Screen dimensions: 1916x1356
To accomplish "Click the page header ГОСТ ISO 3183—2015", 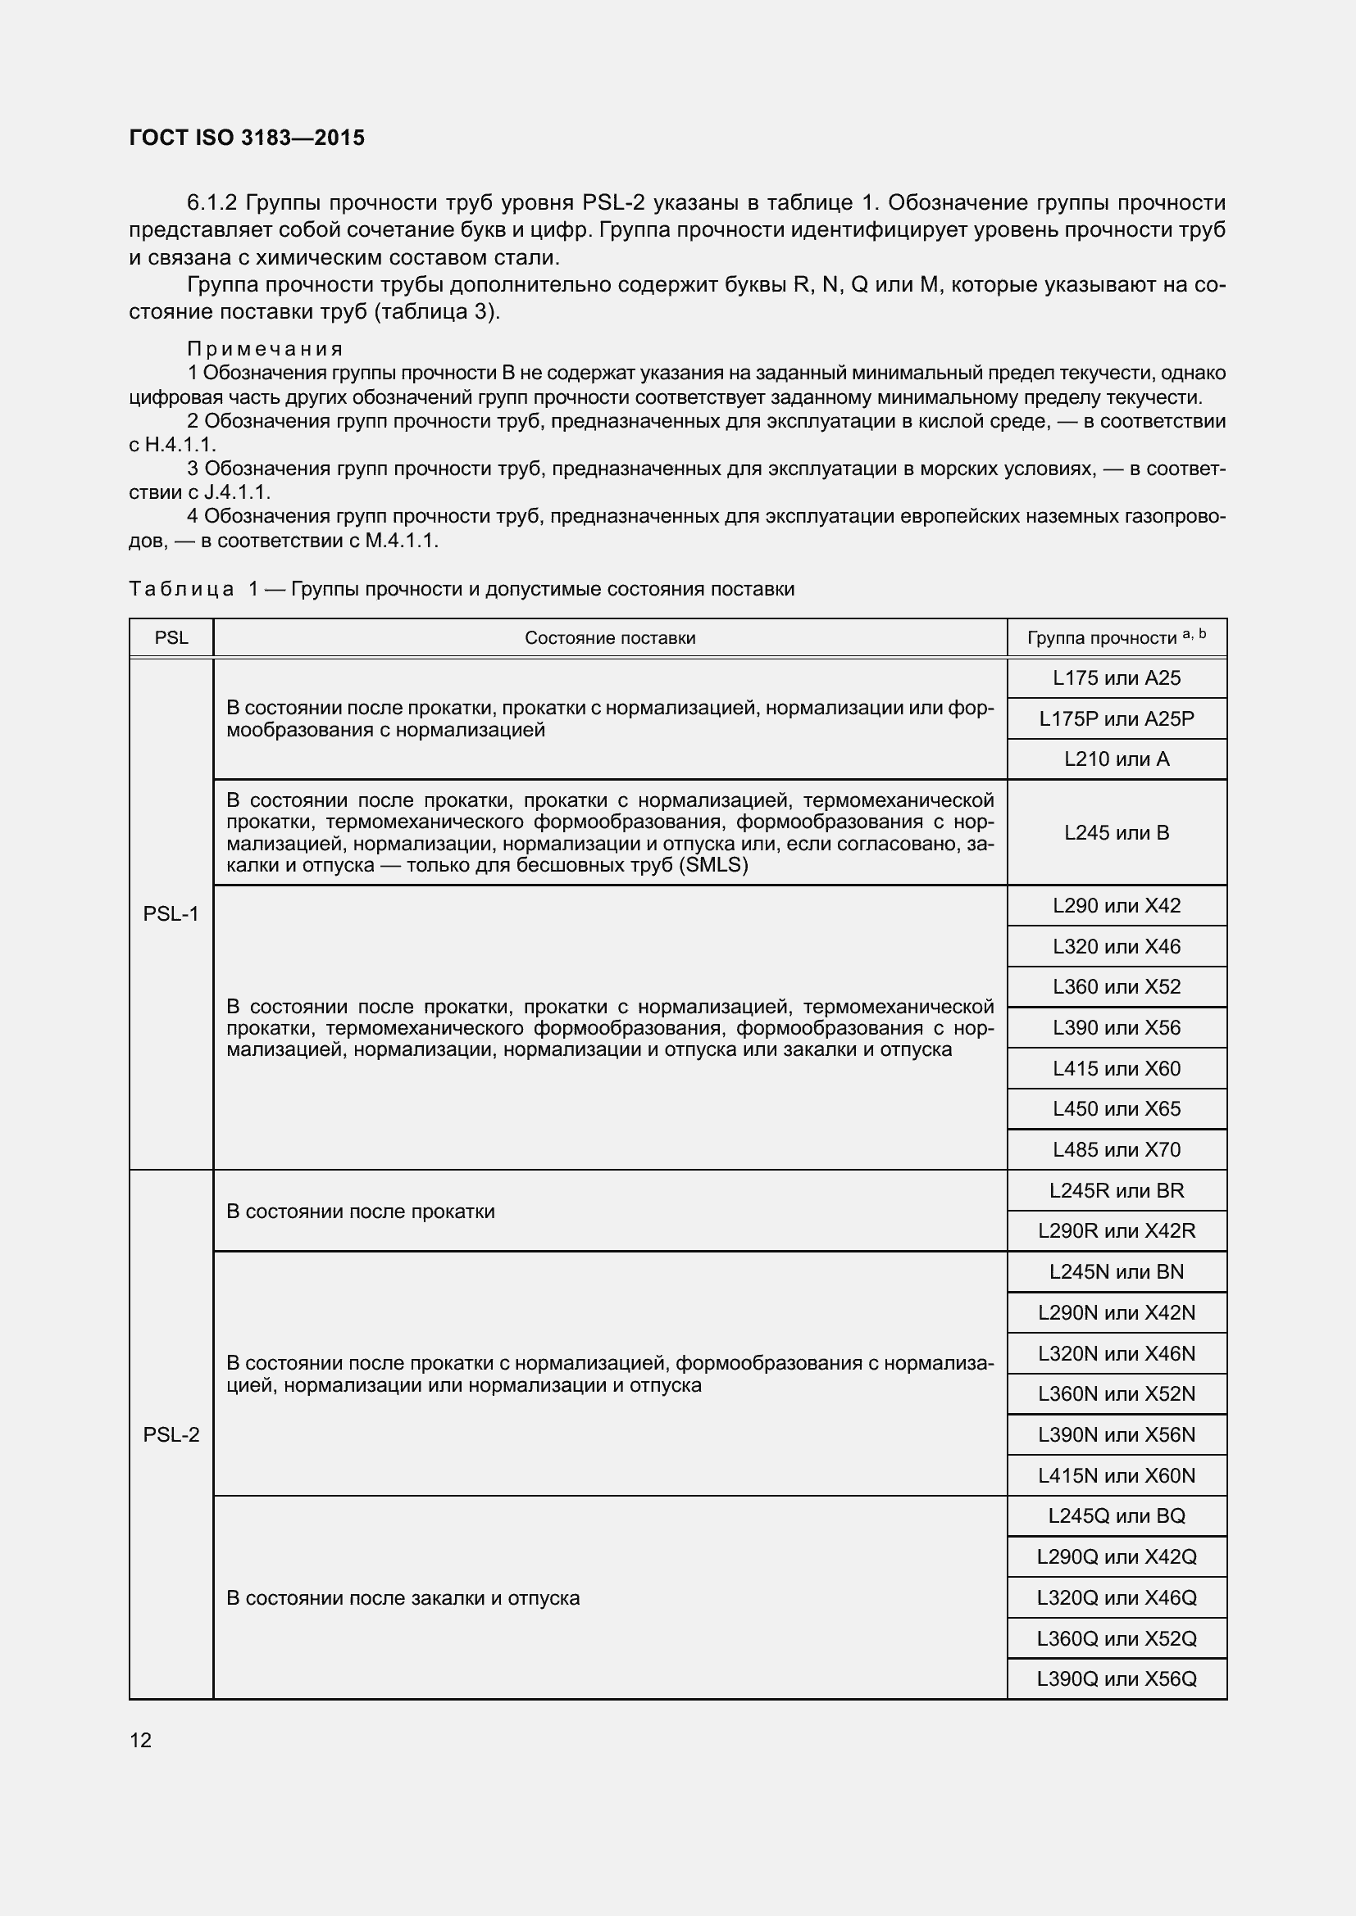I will [x=247, y=138].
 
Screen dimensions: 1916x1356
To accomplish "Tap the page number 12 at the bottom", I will [x=140, y=1740].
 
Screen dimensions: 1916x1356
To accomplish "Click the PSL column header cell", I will [x=171, y=638].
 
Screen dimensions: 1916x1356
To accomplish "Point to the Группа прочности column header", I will [x=1116, y=638].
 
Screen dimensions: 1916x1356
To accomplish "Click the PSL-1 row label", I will [x=171, y=915].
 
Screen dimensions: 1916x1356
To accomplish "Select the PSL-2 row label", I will [x=171, y=1434].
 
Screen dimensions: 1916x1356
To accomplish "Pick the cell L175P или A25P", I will [x=1117, y=718].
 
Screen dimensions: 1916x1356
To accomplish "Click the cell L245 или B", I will [x=1117, y=833].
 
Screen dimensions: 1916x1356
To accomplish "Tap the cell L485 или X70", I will [x=1117, y=1150].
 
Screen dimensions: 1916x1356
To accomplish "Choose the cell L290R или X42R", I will [x=1117, y=1231].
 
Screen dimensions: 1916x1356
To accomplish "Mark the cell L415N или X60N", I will [x=1117, y=1475].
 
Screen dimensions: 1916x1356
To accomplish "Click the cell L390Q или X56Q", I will [x=1117, y=1679].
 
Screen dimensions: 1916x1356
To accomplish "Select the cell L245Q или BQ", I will [x=1117, y=1516].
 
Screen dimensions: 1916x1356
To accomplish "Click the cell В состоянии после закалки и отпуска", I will [x=403, y=1598].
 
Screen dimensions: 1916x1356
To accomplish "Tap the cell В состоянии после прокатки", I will [x=361, y=1211].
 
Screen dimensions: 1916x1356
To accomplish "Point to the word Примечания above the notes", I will [x=266, y=349].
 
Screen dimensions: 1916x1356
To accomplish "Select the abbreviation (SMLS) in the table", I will [x=714, y=865].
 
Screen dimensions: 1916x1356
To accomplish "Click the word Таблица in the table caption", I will [x=181, y=589].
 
